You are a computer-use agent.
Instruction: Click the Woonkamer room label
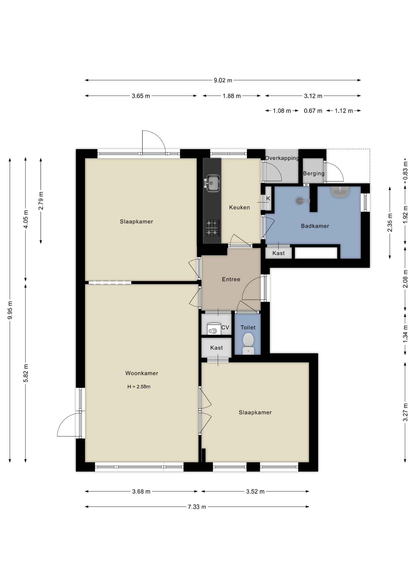point(141,373)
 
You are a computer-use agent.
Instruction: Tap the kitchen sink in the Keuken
point(212,183)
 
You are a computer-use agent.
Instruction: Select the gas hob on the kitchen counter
point(212,228)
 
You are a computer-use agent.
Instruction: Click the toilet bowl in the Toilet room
point(248,344)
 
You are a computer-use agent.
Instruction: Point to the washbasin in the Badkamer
point(340,192)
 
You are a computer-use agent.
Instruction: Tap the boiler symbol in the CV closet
point(214,329)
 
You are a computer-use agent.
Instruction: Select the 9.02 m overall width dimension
point(223,80)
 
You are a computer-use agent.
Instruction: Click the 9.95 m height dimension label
point(10,310)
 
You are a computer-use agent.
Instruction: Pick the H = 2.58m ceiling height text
point(139,387)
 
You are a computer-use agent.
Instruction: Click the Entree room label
point(231,279)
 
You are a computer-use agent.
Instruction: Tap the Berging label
point(314,173)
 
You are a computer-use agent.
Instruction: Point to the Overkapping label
point(282,158)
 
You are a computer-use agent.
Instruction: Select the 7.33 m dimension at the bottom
point(197,507)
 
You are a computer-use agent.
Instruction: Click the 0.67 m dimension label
point(313,111)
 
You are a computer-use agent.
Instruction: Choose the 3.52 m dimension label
point(255,491)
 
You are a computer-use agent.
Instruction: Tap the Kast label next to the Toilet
point(216,348)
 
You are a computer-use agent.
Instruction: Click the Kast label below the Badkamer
point(278,253)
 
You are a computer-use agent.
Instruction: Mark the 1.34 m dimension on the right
point(405,334)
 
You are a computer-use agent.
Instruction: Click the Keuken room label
point(239,207)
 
